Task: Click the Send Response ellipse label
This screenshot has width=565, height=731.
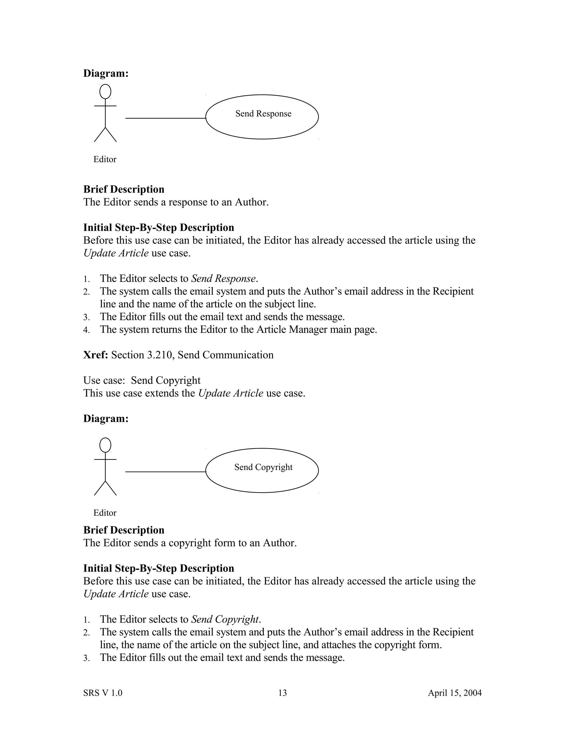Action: click(x=263, y=114)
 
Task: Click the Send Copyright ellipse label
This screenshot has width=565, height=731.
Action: click(x=263, y=467)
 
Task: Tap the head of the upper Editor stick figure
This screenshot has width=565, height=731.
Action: click(x=105, y=91)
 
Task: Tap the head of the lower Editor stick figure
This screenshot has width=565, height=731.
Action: click(x=105, y=445)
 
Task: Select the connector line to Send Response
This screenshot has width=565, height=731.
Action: click(x=165, y=118)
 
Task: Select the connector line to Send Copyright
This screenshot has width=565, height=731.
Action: click(x=165, y=472)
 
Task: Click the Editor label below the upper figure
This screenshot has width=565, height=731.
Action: click(x=105, y=159)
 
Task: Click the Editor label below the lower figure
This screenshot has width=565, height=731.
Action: click(x=105, y=513)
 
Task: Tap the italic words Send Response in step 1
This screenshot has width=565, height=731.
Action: click(x=223, y=279)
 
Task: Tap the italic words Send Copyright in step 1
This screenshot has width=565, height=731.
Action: click(x=225, y=619)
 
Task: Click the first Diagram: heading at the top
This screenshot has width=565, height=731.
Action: click(x=106, y=73)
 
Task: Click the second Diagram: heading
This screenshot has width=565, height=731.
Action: click(x=106, y=419)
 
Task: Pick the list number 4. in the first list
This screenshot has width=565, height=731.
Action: click(x=87, y=330)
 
